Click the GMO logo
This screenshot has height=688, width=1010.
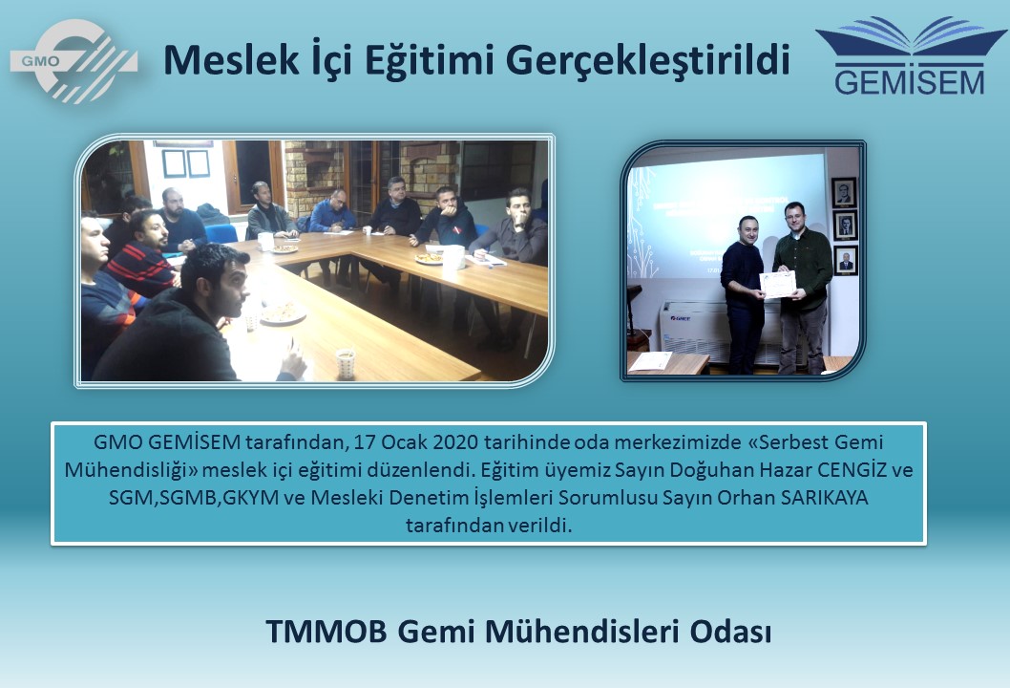click(x=74, y=60)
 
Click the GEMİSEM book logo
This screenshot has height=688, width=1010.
click(x=910, y=55)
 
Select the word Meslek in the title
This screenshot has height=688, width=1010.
click(x=231, y=59)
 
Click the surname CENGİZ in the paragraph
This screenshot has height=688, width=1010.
click(x=852, y=469)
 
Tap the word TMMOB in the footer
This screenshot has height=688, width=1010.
click(x=326, y=632)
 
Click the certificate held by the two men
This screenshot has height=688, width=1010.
click(x=778, y=285)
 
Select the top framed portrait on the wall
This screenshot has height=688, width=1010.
click(x=844, y=192)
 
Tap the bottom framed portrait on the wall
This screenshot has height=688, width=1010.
click(x=846, y=260)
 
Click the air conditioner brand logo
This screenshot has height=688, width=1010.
click(x=681, y=318)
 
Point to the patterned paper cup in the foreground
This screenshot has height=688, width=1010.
click(x=346, y=363)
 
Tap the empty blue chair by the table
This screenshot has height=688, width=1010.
click(x=221, y=233)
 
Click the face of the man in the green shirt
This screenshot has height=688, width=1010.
click(x=795, y=218)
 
